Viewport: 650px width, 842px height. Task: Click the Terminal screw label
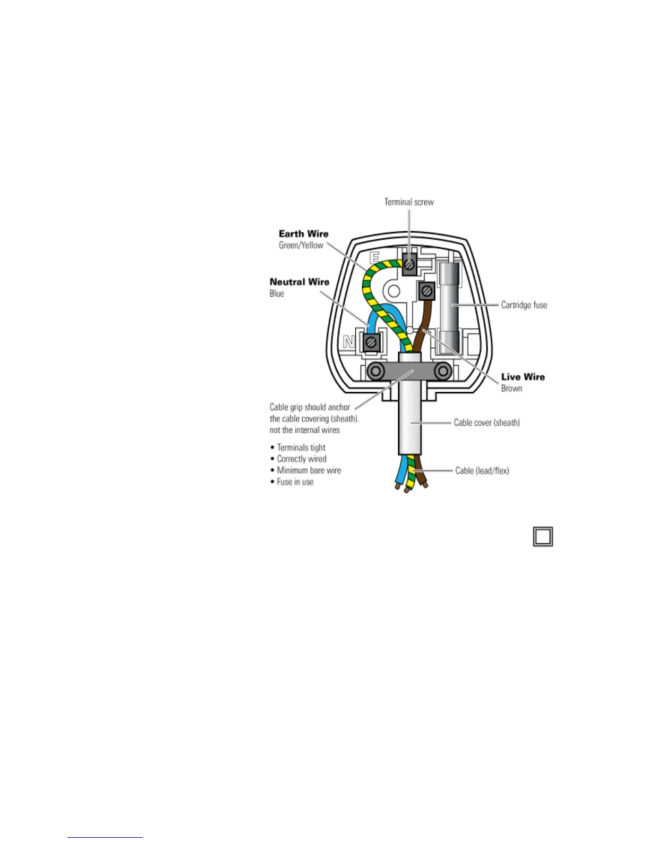pyautogui.click(x=409, y=202)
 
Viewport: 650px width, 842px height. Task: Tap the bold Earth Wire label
pyautogui.click(x=303, y=234)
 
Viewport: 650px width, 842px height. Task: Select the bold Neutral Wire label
pyautogui.click(x=300, y=282)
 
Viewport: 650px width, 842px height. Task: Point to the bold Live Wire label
pyautogui.click(x=523, y=377)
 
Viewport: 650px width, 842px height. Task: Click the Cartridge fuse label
pyautogui.click(x=524, y=305)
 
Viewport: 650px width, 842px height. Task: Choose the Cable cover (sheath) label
pyautogui.click(x=486, y=423)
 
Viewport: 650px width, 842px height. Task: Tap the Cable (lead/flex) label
pyautogui.click(x=482, y=470)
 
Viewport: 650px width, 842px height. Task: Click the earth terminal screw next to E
pyautogui.click(x=409, y=264)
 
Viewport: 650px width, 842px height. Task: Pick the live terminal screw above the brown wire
pyautogui.click(x=426, y=291)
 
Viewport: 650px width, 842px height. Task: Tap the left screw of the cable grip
pyautogui.click(x=376, y=371)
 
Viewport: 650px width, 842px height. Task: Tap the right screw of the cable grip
pyautogui.click(x=442, y=371)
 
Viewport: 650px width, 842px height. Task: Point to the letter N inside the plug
pyautogui.click(x=348, y=342)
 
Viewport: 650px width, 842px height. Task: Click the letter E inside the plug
pyautogui.click(x=375, y=257)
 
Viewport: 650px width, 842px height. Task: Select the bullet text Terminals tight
pyautogui.click(x=301, y=448)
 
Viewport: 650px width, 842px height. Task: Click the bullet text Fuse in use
pyautogui.click(x=295, y=482)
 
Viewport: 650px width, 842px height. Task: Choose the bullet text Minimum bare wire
pyautogui.click(x=309, y=470)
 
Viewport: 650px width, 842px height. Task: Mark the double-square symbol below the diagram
pyautogui.click(x=543, y=536)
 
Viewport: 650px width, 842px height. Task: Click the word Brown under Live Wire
pyautogui.click(x=511, y=389)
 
